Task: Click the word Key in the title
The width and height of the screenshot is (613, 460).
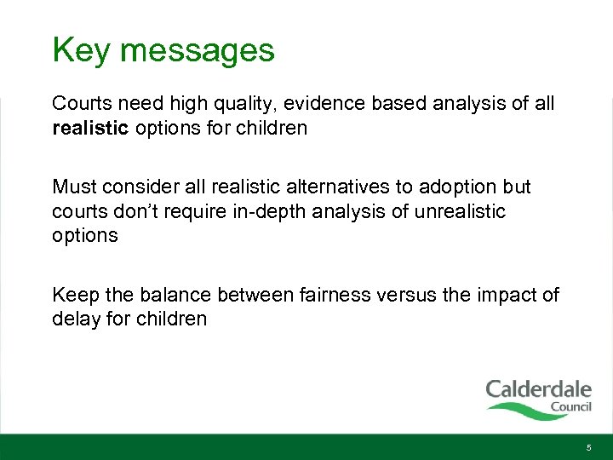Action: [81, 50]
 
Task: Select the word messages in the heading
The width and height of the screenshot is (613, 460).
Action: [197, 50]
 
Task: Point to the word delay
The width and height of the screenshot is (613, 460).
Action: [76, 319]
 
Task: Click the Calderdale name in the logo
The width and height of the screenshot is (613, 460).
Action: [538, 390]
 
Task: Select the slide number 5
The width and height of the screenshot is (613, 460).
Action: [587, 447]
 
